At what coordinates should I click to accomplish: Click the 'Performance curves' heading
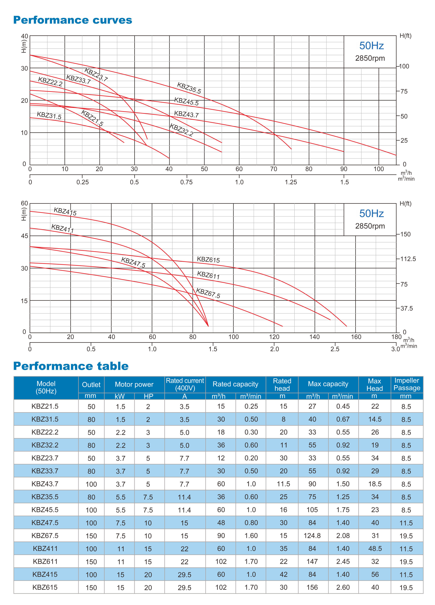pyautogui.click(x=73, y=20)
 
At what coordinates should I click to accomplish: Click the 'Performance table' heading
pyautogui.click(x=71, y=366)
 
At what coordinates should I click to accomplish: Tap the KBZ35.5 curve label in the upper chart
pyautogui.click(x=189, y=88)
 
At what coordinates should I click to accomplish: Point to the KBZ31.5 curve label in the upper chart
pyautogui.click(x=49, y=116)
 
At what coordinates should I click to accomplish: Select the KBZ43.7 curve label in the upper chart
pyautogui.click(x=186, y=114)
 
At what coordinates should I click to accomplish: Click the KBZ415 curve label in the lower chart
pyautogui.click(x=65, y=211)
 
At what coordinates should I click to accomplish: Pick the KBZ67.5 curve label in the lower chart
pyautogui.click(x=208, y=293)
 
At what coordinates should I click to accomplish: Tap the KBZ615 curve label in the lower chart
pyautogui.click(x=208, y=260)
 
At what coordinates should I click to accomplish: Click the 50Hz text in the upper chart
pyautogui.click(x=371, y=46)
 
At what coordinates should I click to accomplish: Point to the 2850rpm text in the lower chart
pyautogui.click(x=370, y=226)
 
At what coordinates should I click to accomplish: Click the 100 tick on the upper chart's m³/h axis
pyautogui.click(x=378, y=169)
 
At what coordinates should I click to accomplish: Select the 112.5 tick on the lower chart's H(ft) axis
pyautogui.click(x=408, y=259)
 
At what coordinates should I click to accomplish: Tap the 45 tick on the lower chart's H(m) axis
pyautogui.click(x=24, y=236)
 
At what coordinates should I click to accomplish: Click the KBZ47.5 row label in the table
pyautogui.click(x=45, y=523)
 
